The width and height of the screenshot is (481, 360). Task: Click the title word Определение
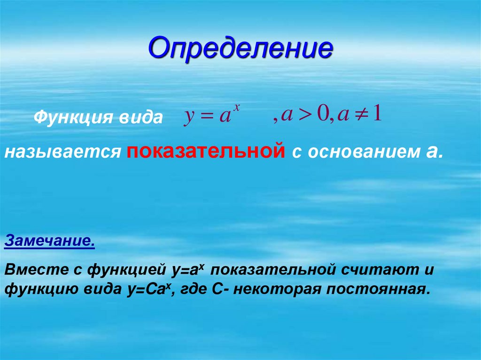[240, 49]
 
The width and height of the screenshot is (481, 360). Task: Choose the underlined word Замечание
[50, 243]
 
